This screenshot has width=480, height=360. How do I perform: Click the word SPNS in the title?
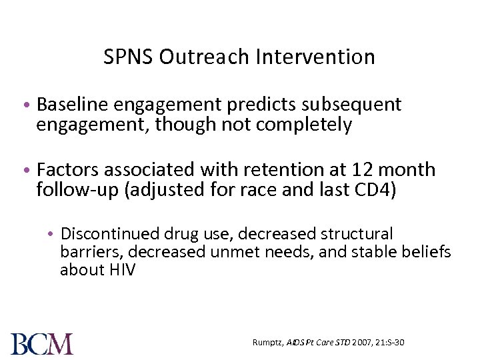point(129,57)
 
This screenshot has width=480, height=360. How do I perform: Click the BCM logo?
point(42,343)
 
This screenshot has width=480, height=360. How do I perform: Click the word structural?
point(357,234)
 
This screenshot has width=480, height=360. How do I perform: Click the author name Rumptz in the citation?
point(269,343)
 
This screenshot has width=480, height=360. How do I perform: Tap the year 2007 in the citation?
point(363,343)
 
